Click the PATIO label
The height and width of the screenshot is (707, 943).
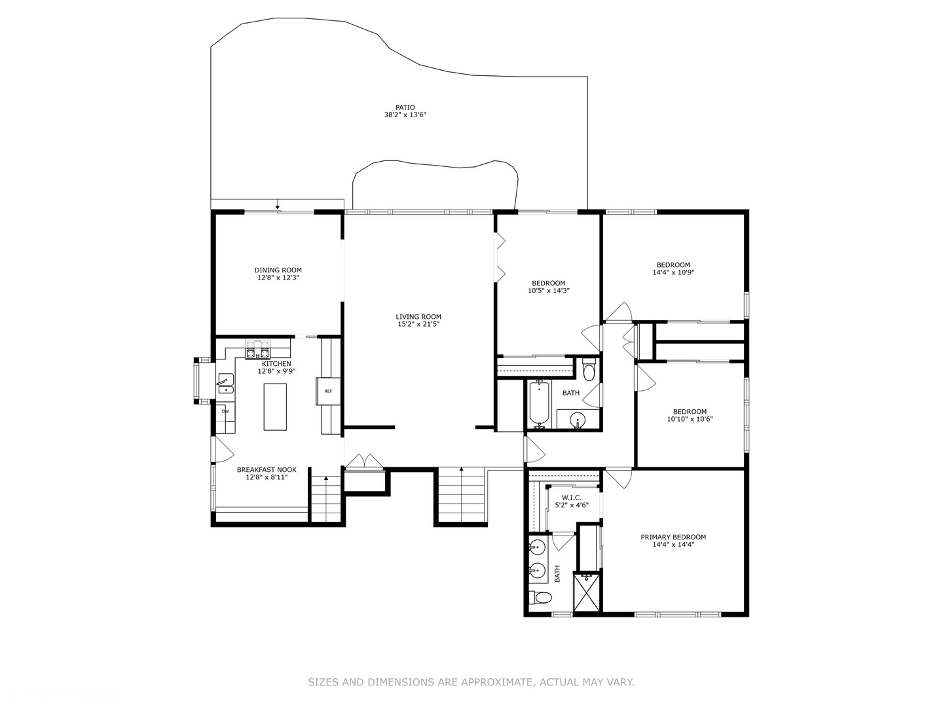coord(405,107)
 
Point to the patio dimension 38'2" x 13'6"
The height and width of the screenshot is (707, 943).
coord(405,115)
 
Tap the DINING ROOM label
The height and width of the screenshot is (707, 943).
coord(278,270)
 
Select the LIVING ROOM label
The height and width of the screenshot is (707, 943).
coord(418,317)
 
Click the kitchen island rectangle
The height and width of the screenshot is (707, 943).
coord(275,407)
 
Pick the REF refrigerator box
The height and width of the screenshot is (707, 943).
coord(328,391)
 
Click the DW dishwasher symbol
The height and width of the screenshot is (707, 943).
coord(225,411)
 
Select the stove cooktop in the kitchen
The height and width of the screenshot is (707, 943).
coord(257,350)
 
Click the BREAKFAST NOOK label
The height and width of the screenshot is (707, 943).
coord(267,469)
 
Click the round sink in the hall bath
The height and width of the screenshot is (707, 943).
coord(577,420)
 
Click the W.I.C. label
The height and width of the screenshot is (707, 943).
coord(568,498)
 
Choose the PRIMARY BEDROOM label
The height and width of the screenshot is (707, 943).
coord(673,537)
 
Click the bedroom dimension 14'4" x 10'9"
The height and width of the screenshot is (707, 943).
coord(673,273)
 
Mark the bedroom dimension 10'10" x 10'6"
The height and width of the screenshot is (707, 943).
coord(689,420)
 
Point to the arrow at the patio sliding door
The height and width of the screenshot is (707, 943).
coord(278,207)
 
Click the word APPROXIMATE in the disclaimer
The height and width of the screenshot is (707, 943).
coord(496,682)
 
